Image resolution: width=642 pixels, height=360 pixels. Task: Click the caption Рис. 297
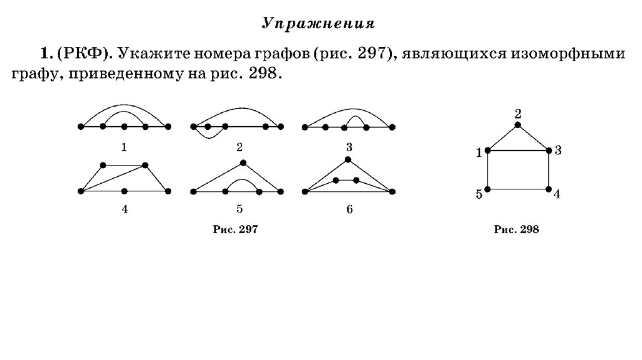(236, 231)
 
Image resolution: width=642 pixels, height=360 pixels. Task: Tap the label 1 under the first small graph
(124, 147)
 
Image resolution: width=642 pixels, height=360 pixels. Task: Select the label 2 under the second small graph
(239, 147)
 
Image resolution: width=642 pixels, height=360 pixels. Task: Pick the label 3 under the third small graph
(349, 147)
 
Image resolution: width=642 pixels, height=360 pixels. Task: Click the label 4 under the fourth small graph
(124, 209)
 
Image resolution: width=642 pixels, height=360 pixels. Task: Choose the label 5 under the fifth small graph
(239, 209)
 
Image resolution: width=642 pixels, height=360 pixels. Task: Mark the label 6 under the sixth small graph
(349, 209)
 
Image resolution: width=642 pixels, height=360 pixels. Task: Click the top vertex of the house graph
(518, 125)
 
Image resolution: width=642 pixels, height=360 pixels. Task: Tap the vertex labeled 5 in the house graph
(488, 189)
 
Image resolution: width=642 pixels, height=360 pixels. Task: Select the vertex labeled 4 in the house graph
(549, 189)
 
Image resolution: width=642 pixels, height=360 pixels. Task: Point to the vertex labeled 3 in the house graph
(549, 151)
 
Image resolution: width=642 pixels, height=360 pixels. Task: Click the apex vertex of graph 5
(243, 163)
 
